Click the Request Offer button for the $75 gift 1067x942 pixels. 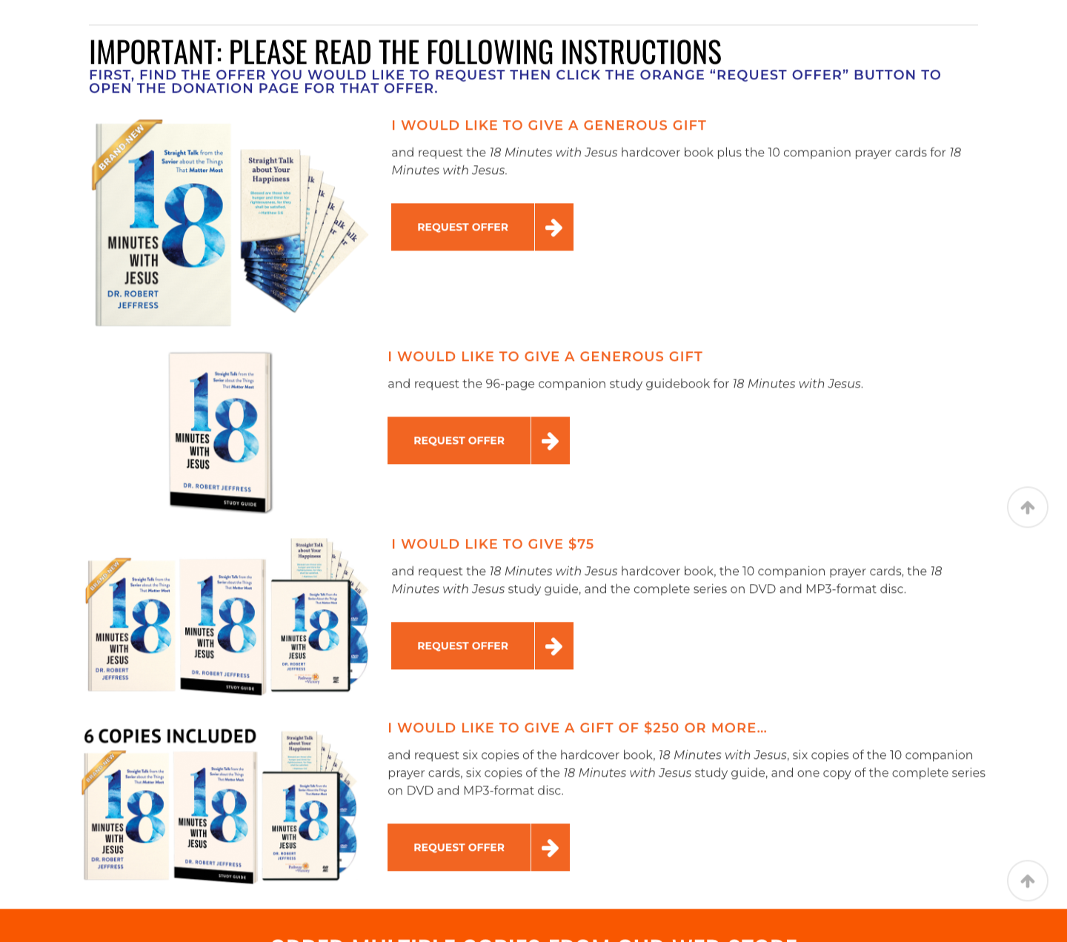click(x=463, y=646)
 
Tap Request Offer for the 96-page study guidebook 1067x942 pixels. click(x=459, y=440)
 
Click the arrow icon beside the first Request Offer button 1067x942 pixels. click(x=554, y=228)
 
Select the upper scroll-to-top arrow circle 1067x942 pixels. click(x=1028, y=508)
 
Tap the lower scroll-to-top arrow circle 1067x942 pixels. click(x=1028, y=881)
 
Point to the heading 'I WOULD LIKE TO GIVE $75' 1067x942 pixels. click(x=493, y=544)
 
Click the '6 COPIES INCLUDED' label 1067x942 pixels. click(x=170, y=736)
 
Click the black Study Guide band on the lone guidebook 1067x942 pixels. click(x=221, y=502)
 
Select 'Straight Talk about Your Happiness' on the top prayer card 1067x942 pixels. click(x=271, y=170)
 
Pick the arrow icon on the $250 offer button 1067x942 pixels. click(x=551, y=848)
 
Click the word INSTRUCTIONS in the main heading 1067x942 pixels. click(x=640, y=53)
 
